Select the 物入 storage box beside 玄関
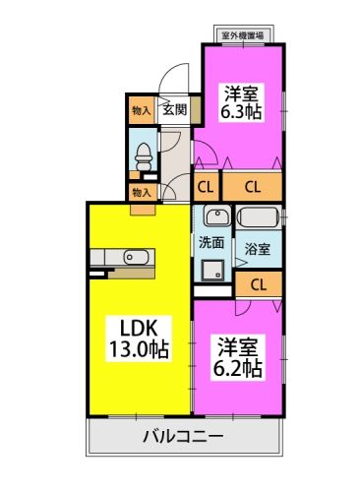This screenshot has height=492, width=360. coord(141,111)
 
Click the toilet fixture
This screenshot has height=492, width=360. coord(145,154)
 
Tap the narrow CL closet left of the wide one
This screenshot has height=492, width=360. coord(207,186)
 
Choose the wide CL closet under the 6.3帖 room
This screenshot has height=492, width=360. coord(252,186)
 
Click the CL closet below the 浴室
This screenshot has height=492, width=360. coord(259,284)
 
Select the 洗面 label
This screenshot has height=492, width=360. coord(211,241)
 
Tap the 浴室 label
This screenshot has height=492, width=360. coord(259,250)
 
